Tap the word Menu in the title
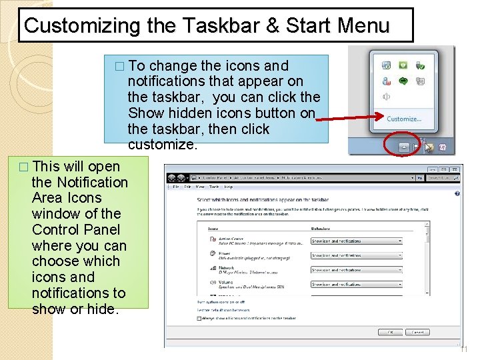(363, 26)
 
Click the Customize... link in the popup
(404, 119)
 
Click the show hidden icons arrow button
(404, 146)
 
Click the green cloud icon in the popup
(403, 81)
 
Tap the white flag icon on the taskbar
(417, 146)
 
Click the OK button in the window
(389, 331)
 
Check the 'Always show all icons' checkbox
(199, 319)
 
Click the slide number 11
(465, 349)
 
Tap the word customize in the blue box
(163, 145)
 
